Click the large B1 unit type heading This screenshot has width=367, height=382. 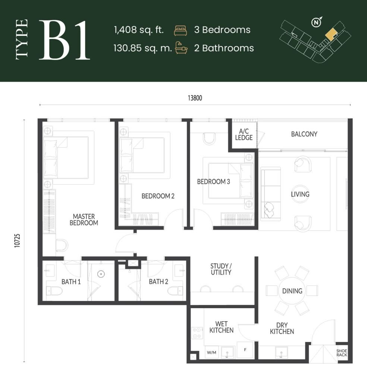pyautogui.click(x=65, y=41)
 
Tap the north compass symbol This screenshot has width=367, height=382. pyautogui.click(x=316, y=23)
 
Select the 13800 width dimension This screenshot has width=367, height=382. pyautogui.click(x=195, y=98)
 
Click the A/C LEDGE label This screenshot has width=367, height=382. pyautogui.click(x=246, y=134)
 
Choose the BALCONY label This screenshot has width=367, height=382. pyautogui.click(x=304, y=134)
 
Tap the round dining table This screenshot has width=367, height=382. pyautogui.click(x=292, y=291)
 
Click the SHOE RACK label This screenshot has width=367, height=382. pyautogui.click(x=342, y=353)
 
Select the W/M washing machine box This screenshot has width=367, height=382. pyautogui.click(x=211, y=352)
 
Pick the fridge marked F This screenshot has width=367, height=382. pyautogui.click(x=245, y=350)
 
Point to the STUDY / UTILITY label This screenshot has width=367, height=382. pyautogui.click(x=221, y=269)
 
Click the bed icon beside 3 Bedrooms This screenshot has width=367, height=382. pyautogui.click(x=180, y=30)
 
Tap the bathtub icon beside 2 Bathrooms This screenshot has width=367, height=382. pyautogui.click(x=181, y=48)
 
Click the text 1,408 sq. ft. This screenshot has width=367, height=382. pyautogui.click(x=139, y=30)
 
